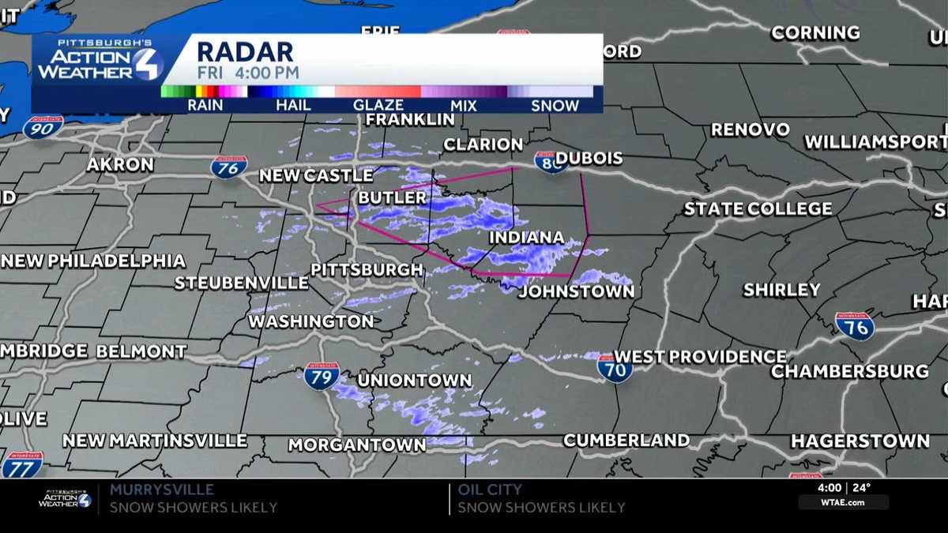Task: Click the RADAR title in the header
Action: tap(245, 52)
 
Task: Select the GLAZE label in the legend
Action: tap(378, 105)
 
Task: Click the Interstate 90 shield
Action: tap(43, 127)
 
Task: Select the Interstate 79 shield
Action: tap(322, 375)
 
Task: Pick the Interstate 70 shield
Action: tap(615, 368)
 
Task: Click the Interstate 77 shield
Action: tap(21, 465)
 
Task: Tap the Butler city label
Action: tap(393, 197)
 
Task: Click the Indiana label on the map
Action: tap(526, 238)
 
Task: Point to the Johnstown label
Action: tap(576, 291)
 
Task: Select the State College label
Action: tap(758, 209)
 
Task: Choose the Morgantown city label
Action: tap(356, 445)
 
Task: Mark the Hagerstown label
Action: tap(860, 441)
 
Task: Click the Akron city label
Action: tap(120, 165)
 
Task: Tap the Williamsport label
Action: tap(875, 143)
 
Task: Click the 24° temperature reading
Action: tap(861, 488)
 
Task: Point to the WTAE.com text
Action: tap(843, 502)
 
